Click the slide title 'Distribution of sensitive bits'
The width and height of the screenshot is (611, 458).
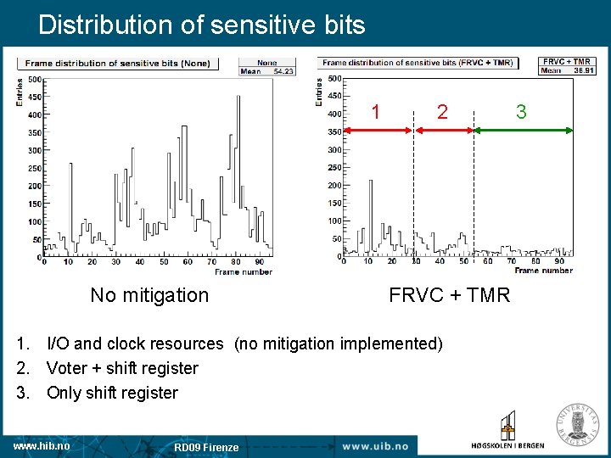point(201,24)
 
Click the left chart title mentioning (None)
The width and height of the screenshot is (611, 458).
point(119,64)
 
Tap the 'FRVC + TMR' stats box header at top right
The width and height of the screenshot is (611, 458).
point(568,62)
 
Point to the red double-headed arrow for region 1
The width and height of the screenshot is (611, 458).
point(378,130)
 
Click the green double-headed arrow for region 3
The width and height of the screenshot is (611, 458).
point(523,130)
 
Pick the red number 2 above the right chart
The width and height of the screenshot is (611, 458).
point(441,111)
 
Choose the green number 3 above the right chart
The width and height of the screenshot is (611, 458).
point(521,111)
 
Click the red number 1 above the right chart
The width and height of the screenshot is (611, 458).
point(376,111)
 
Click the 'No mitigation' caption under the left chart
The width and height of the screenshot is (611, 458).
point(149,295)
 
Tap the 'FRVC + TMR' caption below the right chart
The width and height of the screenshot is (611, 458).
point(449,295)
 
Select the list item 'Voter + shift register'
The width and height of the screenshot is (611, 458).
point(122,368)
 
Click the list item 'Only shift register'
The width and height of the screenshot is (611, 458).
point(112,393)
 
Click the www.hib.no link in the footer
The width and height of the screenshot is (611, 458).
point(41,445)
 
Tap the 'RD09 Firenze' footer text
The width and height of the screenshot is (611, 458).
point(206,447)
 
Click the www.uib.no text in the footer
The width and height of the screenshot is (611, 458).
point(375,445)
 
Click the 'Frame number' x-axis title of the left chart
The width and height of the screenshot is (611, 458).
point(243,271)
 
